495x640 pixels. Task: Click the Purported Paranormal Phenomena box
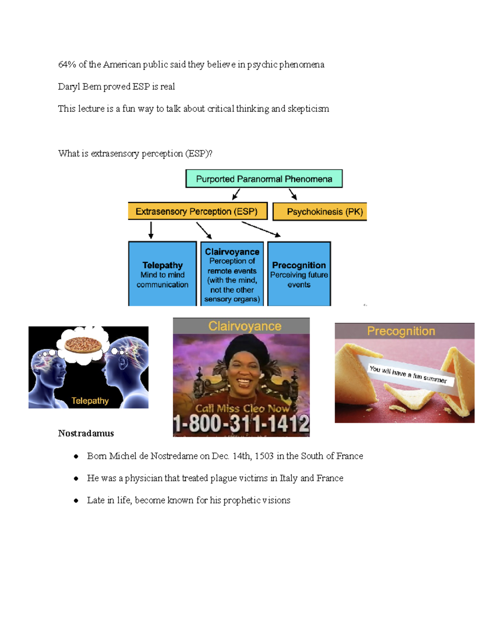[264, 178]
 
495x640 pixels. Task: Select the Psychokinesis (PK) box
[320, 211]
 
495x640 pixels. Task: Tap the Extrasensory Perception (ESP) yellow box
[198, 211]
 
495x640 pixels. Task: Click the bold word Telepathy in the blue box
[163, 265]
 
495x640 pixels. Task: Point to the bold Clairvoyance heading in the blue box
[232, 252]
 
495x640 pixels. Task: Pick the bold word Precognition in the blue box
[299, 265]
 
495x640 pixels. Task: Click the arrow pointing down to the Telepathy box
[151, 230]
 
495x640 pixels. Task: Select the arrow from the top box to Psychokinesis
[293, 195]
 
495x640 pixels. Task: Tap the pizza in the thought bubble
[83, 345]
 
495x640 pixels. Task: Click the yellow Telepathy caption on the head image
[90, 401]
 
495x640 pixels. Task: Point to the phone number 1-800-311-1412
[241, 424]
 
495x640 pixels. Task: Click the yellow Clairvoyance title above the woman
[245, 326]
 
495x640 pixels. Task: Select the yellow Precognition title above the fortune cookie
[401, 331]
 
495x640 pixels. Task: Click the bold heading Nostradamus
[86, 433]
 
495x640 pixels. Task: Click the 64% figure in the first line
[67, 65]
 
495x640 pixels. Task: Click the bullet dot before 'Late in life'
[76, 500]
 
